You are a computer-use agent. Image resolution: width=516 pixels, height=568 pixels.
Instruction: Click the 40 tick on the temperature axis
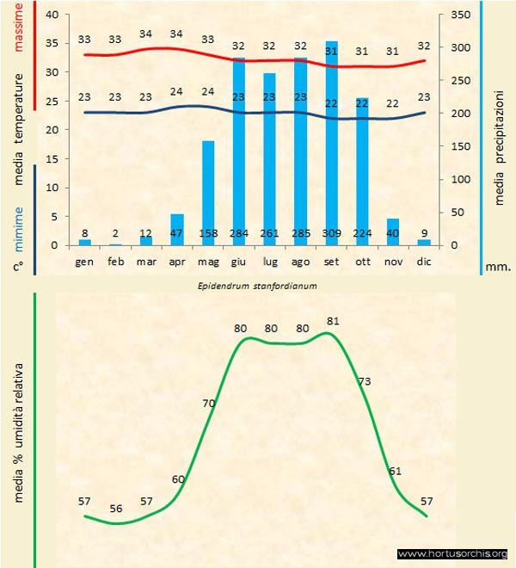52,15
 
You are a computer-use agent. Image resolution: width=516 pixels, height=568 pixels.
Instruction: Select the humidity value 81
334,321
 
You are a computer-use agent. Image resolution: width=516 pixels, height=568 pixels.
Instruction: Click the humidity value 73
365,380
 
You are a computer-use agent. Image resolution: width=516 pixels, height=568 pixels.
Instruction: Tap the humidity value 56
116,509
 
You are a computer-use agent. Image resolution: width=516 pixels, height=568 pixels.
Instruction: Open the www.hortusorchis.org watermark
453,553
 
